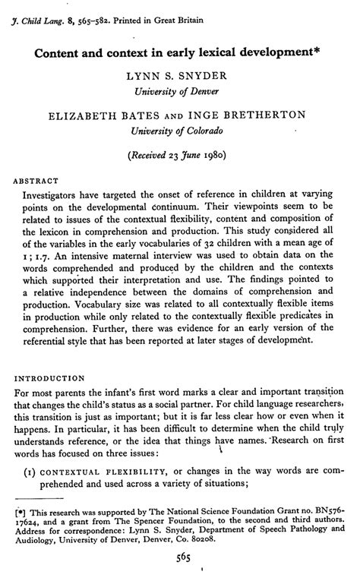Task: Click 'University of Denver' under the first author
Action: [181, 92]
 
